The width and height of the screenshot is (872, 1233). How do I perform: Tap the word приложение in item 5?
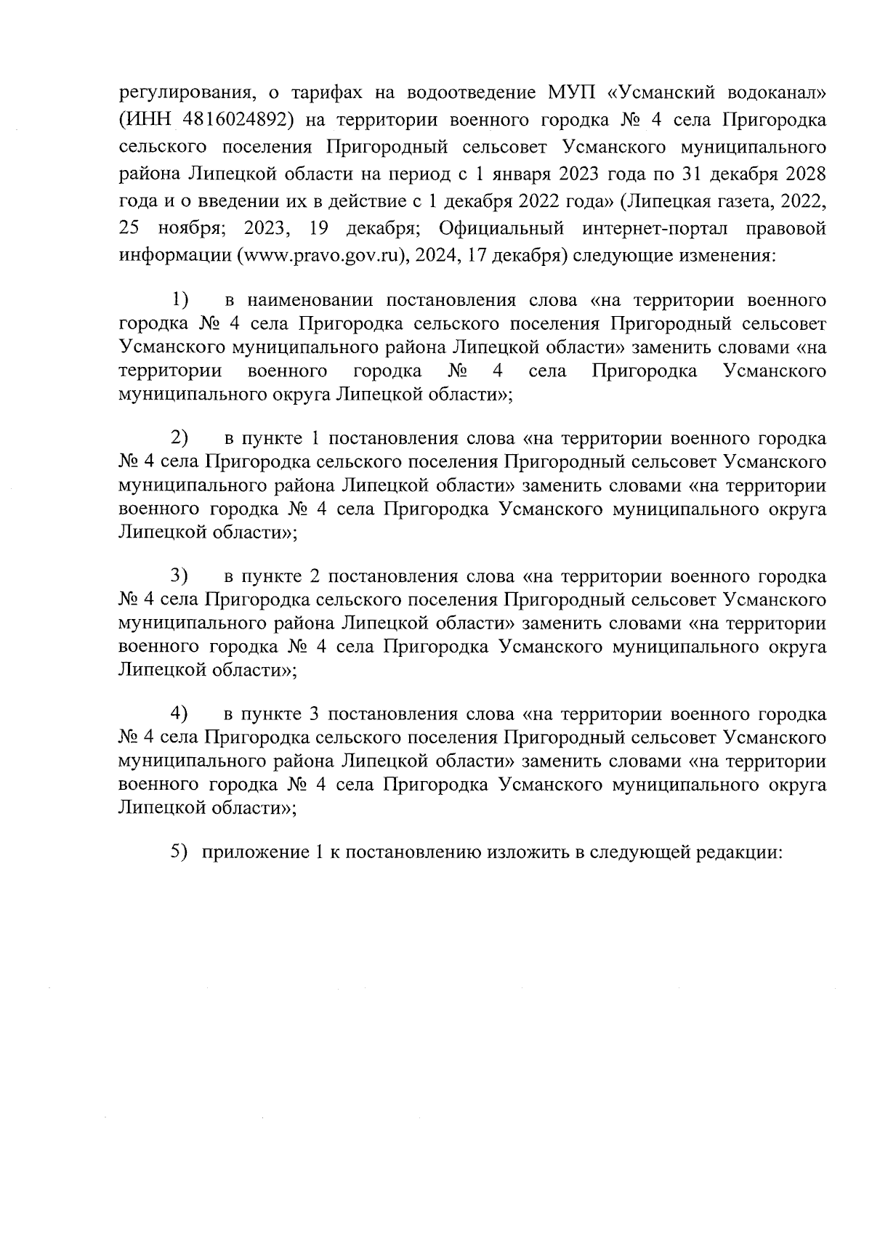pos(254,853)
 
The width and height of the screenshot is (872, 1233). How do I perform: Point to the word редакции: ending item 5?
pos(740,853)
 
